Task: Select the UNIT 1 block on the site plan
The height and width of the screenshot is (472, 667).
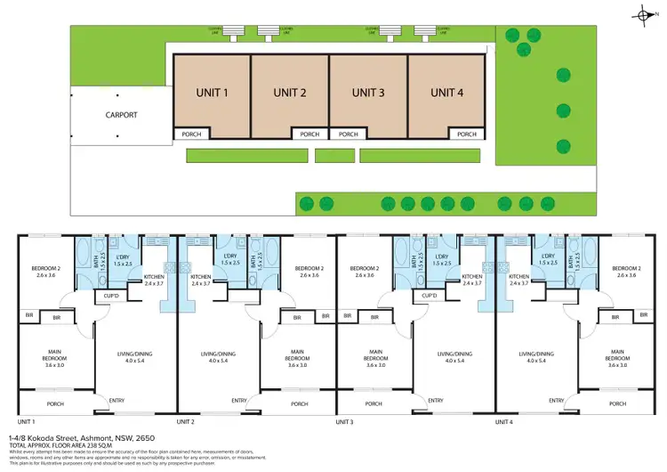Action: [x=212, y=93]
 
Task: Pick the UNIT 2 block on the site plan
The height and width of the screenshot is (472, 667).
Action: [x=290, y=93]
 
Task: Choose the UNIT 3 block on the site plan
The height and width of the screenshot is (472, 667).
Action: [x=368, y=93]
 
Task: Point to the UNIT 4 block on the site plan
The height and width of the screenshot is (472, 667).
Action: [x=447, y=93]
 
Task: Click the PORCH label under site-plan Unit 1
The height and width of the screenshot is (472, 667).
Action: [x=192, y=134]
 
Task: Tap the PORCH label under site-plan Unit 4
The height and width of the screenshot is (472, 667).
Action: [x=467, y=134]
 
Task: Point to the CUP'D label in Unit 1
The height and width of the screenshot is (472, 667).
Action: [x=112, y=296]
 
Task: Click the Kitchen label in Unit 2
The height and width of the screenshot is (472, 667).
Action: [x=202, y=280]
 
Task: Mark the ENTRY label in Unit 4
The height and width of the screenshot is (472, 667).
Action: [x=557, y=400]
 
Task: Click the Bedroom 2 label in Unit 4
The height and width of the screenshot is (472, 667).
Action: [x=626, y=272]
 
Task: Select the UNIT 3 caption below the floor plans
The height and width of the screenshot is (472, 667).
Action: [x=345, y=421]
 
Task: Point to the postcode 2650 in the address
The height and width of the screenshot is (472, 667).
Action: [x=143, y=438]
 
